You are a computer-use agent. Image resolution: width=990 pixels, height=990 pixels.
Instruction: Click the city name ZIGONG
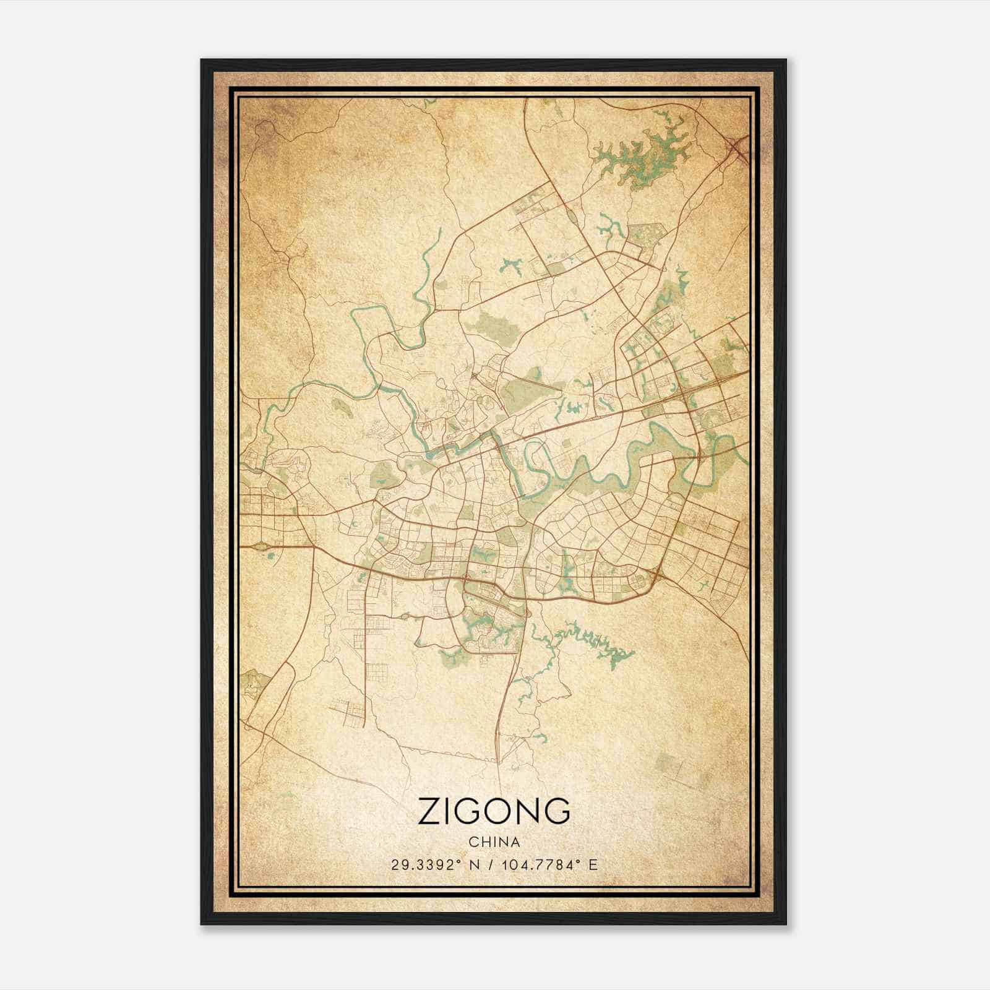click(x=494, y=811)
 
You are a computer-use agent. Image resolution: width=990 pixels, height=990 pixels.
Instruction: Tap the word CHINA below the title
click(x=494, y=842)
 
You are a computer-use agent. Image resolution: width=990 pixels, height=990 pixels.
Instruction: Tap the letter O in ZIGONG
click(x=497, y=811)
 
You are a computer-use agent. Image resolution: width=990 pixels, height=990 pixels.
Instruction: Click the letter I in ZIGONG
click(x=449, y=811)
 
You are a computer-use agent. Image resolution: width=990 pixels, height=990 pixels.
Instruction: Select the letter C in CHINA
click(x=473, y=842)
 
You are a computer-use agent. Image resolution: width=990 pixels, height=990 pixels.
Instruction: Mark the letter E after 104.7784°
click(x=593, y=865)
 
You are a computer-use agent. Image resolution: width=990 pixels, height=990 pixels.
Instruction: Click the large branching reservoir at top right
click(x=643, y=152)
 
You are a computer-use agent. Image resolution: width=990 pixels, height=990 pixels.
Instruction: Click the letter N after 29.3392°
click(x=474, y=865)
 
